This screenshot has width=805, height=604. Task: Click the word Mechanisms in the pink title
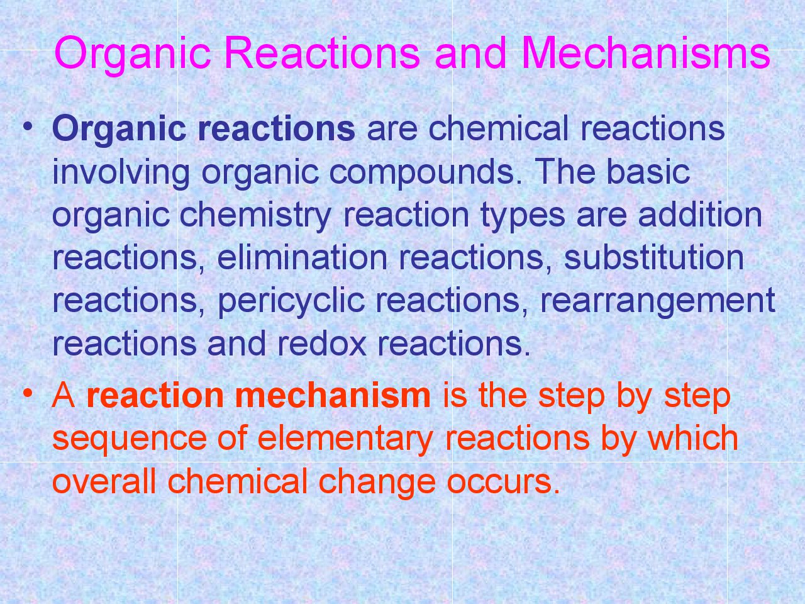point(645,53)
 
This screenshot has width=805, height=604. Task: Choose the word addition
point(700,215)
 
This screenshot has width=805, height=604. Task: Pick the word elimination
point(303,257)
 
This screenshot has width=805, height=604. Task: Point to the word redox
point(321,343)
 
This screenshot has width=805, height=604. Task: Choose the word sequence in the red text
point(130,439)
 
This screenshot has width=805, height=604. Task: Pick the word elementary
point(345,439)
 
